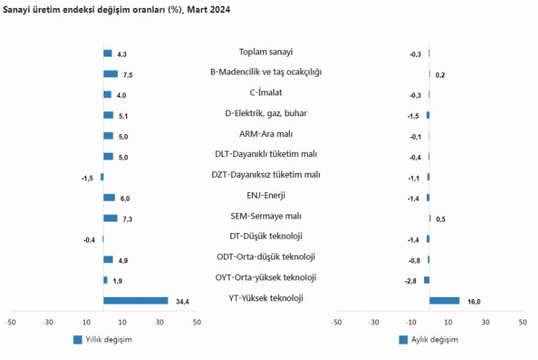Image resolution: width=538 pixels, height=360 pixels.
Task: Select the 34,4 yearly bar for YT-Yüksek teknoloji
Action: [136, 300]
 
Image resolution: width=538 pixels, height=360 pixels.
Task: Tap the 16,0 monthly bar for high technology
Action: [444, 300]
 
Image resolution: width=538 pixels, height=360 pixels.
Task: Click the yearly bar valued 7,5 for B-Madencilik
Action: [110, 74]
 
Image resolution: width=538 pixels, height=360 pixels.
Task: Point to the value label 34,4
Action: [182, 301]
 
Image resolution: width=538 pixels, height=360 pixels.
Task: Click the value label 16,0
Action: [473, 301]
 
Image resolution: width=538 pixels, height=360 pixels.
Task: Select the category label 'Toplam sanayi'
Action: [265, 52]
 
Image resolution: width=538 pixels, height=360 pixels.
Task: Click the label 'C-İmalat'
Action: [265, 93]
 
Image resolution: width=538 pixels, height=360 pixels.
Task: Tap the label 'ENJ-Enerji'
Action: [265, 195]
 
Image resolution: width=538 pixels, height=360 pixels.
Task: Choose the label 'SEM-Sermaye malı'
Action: [265, 216]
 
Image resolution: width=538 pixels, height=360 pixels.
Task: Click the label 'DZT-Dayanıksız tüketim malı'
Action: [265, 174]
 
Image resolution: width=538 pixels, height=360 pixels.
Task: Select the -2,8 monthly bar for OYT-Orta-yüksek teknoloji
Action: [426, 280]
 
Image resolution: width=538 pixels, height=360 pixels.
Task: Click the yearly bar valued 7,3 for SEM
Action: [110, 218]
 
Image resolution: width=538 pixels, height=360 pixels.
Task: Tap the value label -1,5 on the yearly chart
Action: [87, 178]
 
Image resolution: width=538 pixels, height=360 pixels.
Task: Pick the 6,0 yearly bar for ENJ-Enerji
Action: [109, 197]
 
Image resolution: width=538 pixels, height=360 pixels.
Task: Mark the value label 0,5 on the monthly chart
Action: [440, 219]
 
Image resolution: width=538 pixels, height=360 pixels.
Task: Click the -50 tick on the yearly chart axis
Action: [10, 322]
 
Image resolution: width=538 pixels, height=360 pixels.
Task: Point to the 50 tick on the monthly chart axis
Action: [522, 322]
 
